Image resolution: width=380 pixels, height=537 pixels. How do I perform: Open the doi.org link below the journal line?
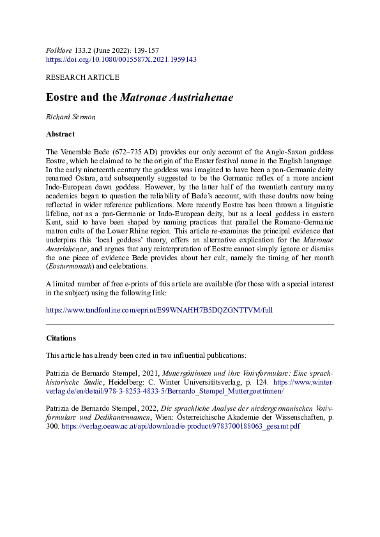[121, 59]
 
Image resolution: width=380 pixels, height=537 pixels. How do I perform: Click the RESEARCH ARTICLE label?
[82, 77]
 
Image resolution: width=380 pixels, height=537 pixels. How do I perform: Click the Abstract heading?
[61, 135]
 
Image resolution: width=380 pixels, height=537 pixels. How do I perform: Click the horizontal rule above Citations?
[190, 325]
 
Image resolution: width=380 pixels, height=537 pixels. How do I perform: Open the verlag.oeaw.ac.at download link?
[181, 408]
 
